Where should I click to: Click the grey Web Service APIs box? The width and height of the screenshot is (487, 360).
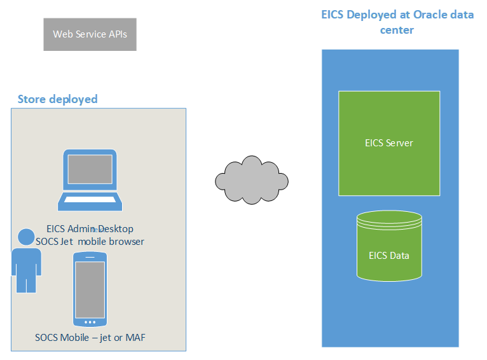click(x=90, y=34)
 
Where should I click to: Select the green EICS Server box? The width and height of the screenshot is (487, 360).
click(x=388, y=142)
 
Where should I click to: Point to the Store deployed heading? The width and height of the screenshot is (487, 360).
click(x=57, y=99)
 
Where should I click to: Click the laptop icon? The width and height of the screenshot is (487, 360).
click(x=89, y=180)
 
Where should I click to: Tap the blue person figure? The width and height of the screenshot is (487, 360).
click(x=26, y=261)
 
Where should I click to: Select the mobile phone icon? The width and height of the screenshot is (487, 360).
click(x=89, y=289)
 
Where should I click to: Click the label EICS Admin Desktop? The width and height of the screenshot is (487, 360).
click(x=90, y=229)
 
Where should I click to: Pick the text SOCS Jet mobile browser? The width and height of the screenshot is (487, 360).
click(x=90, y=242)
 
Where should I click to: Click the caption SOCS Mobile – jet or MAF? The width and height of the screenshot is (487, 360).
click(x=90, y=337)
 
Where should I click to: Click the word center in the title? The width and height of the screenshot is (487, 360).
click(x=397, y=30)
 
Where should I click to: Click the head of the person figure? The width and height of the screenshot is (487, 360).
click(x=26, y=237)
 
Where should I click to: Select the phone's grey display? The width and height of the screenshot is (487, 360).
click(x=89, y=287)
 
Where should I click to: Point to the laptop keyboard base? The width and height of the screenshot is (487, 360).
click(x=89, y=202)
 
